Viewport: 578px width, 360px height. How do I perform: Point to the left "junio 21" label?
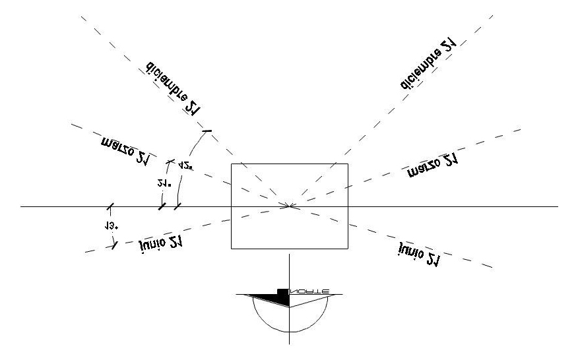point(161,243)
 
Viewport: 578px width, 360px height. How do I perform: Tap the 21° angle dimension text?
point(165,184)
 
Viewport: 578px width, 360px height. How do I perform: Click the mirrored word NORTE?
point(310,291)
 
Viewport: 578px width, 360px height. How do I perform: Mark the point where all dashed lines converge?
point(290,206)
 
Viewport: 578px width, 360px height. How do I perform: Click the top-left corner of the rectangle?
point(231,164)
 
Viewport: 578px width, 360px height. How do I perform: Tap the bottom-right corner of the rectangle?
point(348,249)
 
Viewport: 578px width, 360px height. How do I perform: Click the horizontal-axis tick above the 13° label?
point(110,206)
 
